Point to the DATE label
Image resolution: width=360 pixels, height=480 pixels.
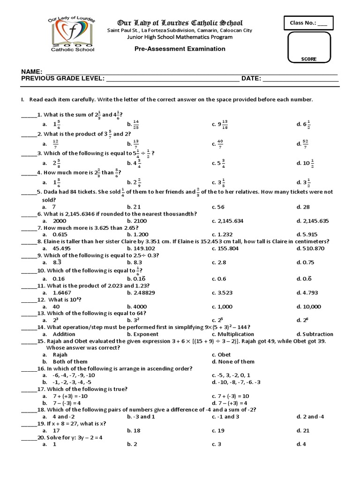[251, 79]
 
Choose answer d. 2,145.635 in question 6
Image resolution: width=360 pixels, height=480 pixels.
[312, 220]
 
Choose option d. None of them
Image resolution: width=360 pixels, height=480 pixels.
[233, 361]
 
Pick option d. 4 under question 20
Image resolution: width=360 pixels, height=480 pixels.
[301, 444]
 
